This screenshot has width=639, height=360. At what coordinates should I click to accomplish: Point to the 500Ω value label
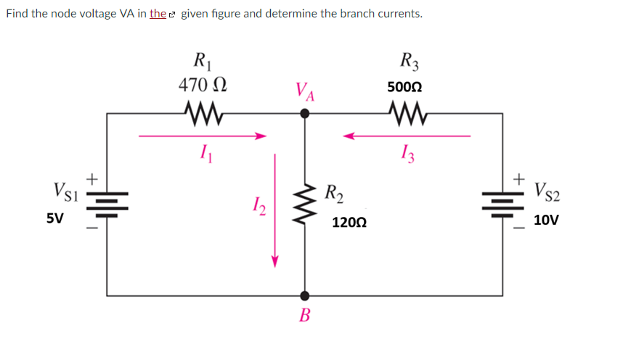405,86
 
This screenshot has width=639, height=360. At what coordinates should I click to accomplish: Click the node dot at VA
305,113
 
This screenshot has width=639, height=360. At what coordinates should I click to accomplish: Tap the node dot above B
305,295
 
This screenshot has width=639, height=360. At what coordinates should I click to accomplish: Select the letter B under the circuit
305,316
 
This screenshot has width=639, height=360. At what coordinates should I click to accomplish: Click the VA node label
305,92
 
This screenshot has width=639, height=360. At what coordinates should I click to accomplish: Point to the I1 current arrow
203,135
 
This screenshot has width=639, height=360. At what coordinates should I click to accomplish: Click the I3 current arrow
407,135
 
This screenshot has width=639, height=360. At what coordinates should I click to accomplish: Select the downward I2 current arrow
274,210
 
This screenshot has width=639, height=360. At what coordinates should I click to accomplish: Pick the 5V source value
54,218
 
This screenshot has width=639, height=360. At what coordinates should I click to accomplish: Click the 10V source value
546,220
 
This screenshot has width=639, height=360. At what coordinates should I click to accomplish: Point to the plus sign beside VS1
92,176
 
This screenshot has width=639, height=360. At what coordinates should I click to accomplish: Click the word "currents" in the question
396,14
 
